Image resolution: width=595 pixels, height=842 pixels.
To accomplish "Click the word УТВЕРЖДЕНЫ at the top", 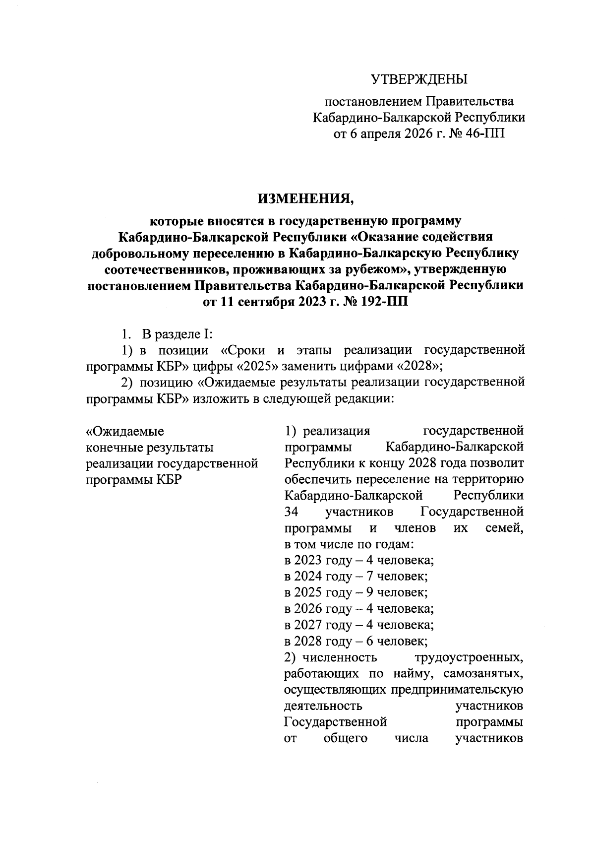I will point(419,79).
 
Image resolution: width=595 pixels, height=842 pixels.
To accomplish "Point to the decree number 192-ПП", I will point(380,302).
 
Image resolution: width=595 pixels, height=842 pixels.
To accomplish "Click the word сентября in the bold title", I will point(269,302).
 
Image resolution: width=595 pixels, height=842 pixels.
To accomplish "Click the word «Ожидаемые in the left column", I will point(125,431).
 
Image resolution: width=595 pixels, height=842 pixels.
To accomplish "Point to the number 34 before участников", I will point(291,512).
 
